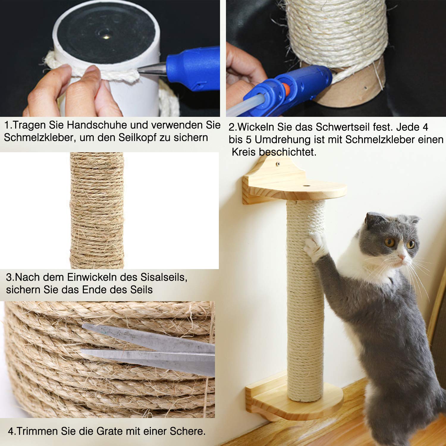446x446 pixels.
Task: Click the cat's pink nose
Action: (x=402, y=256)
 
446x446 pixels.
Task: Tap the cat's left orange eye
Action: (x=389, y=242)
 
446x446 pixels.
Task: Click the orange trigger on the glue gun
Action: (x=286, y=89)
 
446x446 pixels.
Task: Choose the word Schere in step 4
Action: (x=187, y=431)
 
